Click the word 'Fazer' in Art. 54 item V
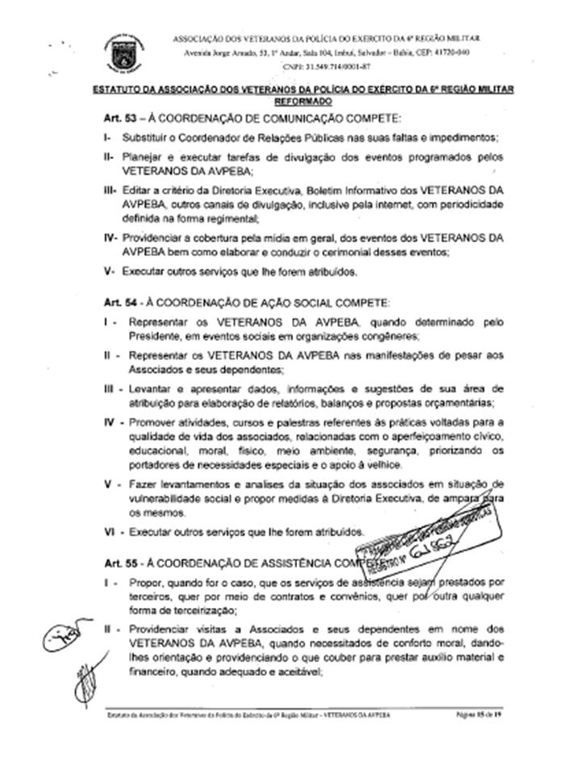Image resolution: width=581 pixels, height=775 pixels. [141, 483]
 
